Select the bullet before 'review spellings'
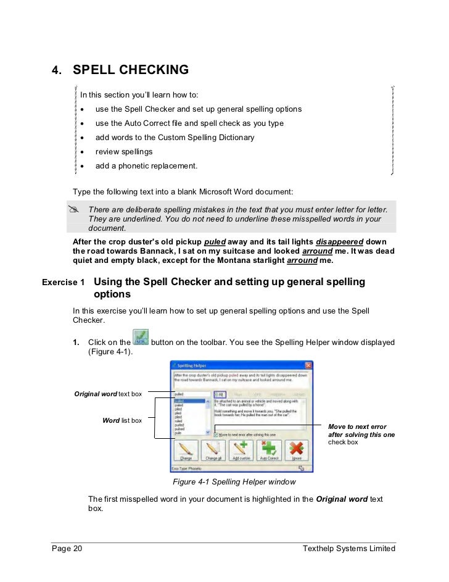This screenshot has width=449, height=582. click(x=82, y=152)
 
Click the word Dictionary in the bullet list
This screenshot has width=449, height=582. click(x=233, y=138)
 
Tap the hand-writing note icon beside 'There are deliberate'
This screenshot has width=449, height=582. click(x=76, y=210)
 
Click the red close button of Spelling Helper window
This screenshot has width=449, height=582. click(x=308, y=365)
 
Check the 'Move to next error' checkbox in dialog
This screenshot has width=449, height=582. click(x=215, y=434)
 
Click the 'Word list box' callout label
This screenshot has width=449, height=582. click(x=122, y=420)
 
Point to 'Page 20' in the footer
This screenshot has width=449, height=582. click(x=66, y=549)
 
